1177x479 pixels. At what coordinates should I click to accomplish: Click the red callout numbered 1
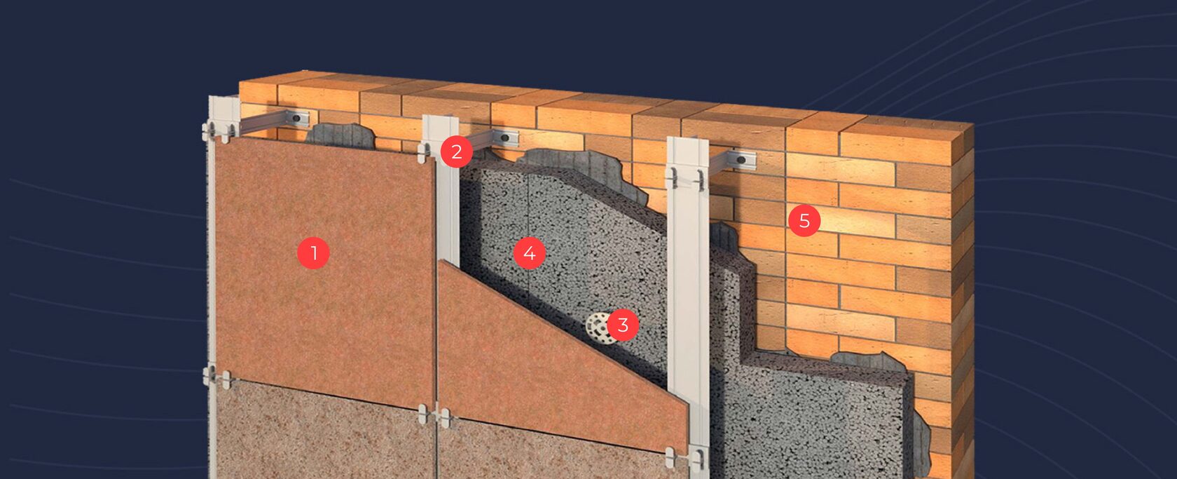tap(314, 253)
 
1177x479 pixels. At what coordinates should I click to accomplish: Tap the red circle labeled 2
tap(457, 152)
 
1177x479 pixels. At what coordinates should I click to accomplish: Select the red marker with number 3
tap(623, 325)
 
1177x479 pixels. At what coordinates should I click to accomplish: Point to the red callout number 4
tap(530, 253)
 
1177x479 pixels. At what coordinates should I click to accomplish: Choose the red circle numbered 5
tap(804, 221)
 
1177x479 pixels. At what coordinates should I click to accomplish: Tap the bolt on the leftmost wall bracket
tap(296, 119)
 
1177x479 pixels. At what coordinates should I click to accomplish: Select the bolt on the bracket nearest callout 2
tap(505, 137)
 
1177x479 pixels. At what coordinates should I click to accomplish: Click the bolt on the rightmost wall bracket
tap(741, 159)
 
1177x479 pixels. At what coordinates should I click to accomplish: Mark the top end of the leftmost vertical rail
tap(224, 98)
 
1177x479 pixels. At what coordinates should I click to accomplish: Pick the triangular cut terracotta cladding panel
tap(546, 368)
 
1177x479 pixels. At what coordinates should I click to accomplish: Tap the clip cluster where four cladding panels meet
tap(434, 415)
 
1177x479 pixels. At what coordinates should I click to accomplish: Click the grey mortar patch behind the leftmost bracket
tap(339, 136)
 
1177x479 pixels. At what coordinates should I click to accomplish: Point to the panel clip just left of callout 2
tap(423, 152)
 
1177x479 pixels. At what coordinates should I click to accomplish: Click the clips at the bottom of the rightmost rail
tap(685, 457)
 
